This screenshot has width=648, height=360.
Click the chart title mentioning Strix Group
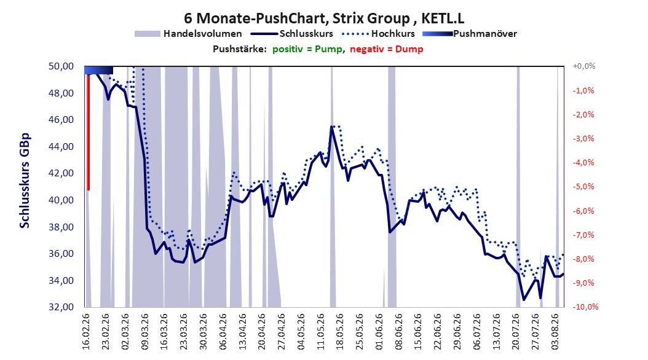pyautogui.click(x=324, y=18)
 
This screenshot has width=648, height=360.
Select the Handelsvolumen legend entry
pyautogui.click(x=189, y=34)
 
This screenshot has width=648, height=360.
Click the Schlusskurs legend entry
pyautogui.click(x=292, y=34)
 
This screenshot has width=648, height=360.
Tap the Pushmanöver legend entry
pyautogui.click(x=470, y=34)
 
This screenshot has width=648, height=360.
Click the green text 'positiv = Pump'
pyautogui.click(x=307, y=49)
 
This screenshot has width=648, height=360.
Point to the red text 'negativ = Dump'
pyautogui.click(x=387, y=49)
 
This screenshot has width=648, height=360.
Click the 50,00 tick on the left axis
pyautogui.click(x=61, y=66)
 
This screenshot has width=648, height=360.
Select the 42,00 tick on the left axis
pyautogui.click(x=61, y=173)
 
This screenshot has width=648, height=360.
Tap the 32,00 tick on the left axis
pyautogui.click(x=61, y=307)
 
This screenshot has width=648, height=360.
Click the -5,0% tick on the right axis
pyautogui.click(x=583, y=187)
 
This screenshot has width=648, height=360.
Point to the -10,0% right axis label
pyautogui.click(x=585, y=307)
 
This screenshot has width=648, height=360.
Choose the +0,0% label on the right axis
pyautogui.click(x=584, y=66)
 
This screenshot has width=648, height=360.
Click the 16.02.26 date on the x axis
pyautogui.click(x=86, y=332)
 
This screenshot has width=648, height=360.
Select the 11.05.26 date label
pyautogui.click(x=321, y=332)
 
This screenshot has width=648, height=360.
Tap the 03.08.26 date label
pyautogui.click(x=555, y=332)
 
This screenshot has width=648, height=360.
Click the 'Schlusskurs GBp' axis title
pyautogui.click(x=25, y=181)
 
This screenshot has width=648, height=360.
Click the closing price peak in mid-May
pyautogui.click(x=331, y=127)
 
